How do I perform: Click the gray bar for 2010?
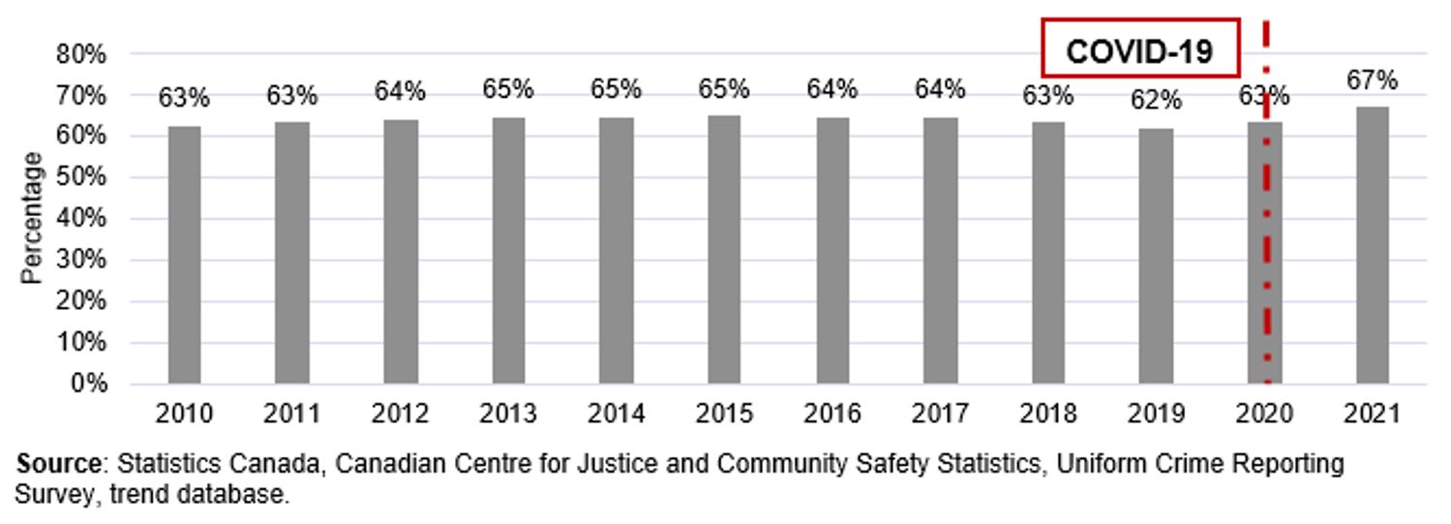coord(184,255)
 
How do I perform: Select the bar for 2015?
coord(724,250)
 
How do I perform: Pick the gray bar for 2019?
coord(1156,256)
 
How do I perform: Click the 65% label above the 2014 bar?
coord(617,89)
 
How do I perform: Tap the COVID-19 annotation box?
coord(1139,47)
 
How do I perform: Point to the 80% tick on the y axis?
coord(81,54)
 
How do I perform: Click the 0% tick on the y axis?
coord(87,384)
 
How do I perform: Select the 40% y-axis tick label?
coord(81,219)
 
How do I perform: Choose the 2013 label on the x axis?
coord(508,415)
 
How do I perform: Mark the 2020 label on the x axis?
coord(1264,415)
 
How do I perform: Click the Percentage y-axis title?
coord(32,218)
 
